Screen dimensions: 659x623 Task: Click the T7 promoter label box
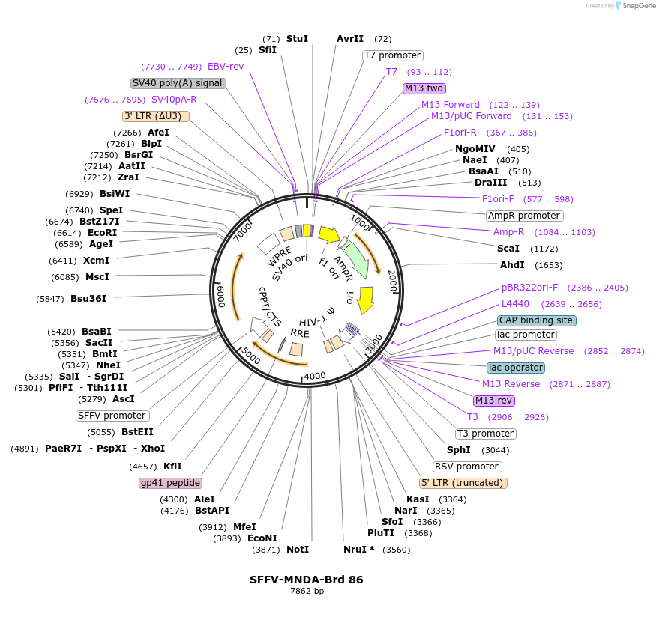coord(392,55)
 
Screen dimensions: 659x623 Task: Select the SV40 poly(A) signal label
coord(178,83)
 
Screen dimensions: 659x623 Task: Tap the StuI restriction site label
coord(297,38)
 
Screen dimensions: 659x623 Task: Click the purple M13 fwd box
coord(424,88)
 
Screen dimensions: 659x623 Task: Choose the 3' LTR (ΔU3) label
coord(155,116)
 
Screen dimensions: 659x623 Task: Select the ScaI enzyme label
coord(508,248)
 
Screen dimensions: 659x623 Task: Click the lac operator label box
coord(515,368)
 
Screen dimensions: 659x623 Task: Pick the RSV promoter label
coord(467,467)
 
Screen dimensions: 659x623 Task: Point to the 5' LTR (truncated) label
coord(463,483)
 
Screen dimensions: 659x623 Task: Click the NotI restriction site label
coord(298,549)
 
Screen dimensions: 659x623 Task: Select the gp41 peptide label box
coord(170,483)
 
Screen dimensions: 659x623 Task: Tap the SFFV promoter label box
coord(112,416)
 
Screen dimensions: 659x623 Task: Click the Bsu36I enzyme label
coord(88,298)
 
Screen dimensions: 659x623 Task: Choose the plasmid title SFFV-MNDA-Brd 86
coord(307,580)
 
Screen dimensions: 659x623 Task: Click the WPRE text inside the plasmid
coord(280,255)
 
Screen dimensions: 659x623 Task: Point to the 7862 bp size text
coord(307,592)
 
